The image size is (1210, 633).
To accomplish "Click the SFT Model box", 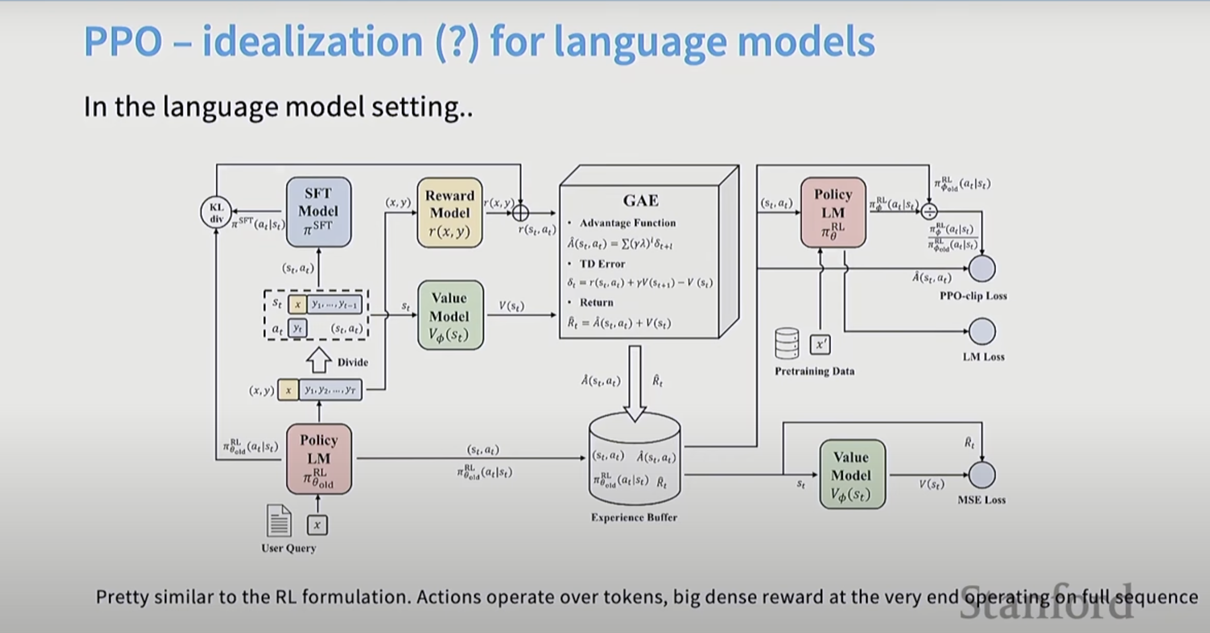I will pos(319,211).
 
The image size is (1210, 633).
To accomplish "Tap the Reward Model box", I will pos(450,212).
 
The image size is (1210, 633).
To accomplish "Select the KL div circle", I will pos(216,212).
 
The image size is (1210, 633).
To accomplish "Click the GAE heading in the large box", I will pos(641,200).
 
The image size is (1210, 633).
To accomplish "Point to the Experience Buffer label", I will pos(634,517).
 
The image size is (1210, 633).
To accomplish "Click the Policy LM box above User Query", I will pos(319,459).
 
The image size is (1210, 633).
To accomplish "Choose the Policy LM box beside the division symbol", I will pos(833,212).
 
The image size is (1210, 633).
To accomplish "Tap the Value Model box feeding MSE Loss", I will pos(852,475).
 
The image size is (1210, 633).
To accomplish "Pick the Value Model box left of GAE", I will pos(450,315).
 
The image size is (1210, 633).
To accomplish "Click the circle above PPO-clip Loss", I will pos(982,268).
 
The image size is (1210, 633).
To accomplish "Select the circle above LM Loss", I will pos(982,331).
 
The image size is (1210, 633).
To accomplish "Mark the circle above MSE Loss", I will pos(982,475).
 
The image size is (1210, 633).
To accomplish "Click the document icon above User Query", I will pos(279,521).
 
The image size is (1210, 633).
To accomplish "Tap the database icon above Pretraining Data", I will pos(786,343).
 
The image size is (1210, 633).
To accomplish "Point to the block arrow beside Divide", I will pos(319,361).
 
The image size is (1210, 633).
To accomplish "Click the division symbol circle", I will pos(929,212).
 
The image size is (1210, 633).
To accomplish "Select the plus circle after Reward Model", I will pos(520,213).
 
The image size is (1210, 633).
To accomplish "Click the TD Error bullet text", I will pos(602,264).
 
